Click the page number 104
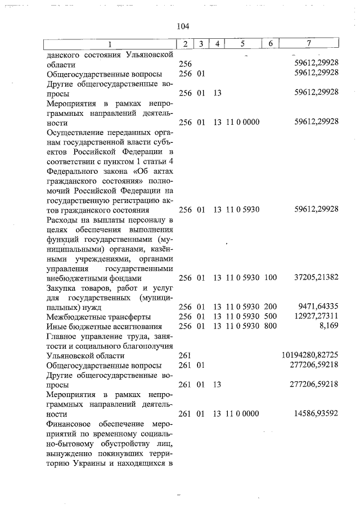(182, 26)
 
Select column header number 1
(110, 44)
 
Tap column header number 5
(242, 44)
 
